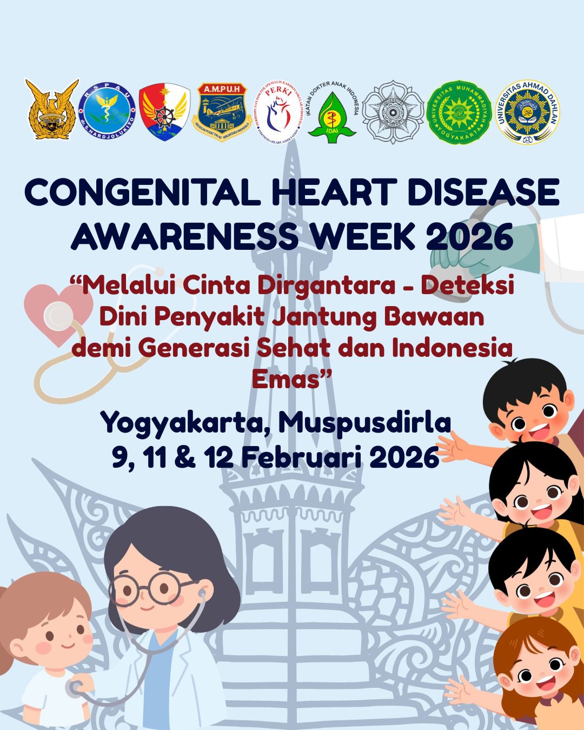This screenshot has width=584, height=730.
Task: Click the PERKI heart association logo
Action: (280, 112)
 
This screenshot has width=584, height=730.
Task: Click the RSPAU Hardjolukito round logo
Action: (107, 112)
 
